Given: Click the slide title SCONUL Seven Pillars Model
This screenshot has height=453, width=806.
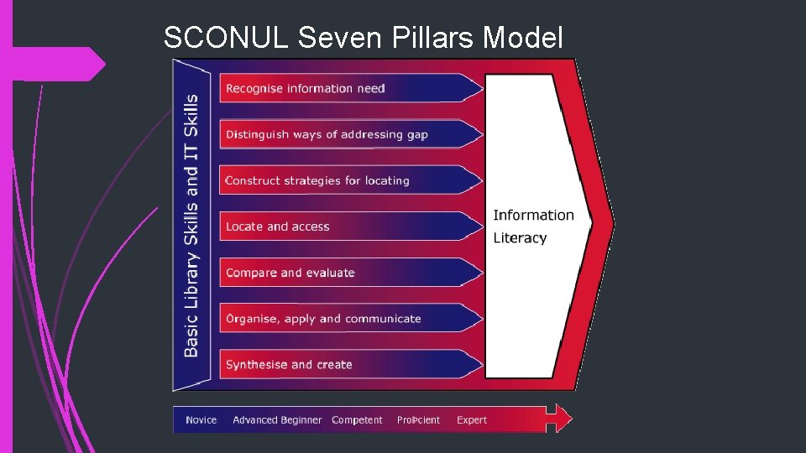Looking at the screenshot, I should coord(363,38).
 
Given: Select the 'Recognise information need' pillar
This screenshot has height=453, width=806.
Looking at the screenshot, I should coord(306,88).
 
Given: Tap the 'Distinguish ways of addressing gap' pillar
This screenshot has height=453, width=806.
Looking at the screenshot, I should coord(327,134).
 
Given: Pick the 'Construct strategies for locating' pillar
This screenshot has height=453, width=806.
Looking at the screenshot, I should coord(317,180).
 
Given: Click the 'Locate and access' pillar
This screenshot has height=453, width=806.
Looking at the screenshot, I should coord(278,226).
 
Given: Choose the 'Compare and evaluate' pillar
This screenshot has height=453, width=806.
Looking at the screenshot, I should coord(290,273).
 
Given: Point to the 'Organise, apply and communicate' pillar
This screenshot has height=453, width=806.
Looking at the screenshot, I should coord(323,319).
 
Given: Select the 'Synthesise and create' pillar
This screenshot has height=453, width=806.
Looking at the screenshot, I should coord(289,365).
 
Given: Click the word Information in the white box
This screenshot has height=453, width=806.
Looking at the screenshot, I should coord(533,216).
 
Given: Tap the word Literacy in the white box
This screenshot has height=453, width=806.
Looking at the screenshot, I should coord(520,238).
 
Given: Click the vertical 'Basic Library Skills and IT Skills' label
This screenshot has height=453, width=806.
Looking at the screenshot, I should coord(191,225).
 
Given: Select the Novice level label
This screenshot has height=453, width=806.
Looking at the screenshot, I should coord(201,420).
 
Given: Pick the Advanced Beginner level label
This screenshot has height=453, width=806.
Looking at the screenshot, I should coord(277,420).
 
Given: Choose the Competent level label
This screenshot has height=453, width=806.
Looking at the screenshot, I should coord(357,420).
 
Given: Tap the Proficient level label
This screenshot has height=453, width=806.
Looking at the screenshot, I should coord(418,420).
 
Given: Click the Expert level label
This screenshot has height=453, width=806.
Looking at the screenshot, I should coord(472,420).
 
